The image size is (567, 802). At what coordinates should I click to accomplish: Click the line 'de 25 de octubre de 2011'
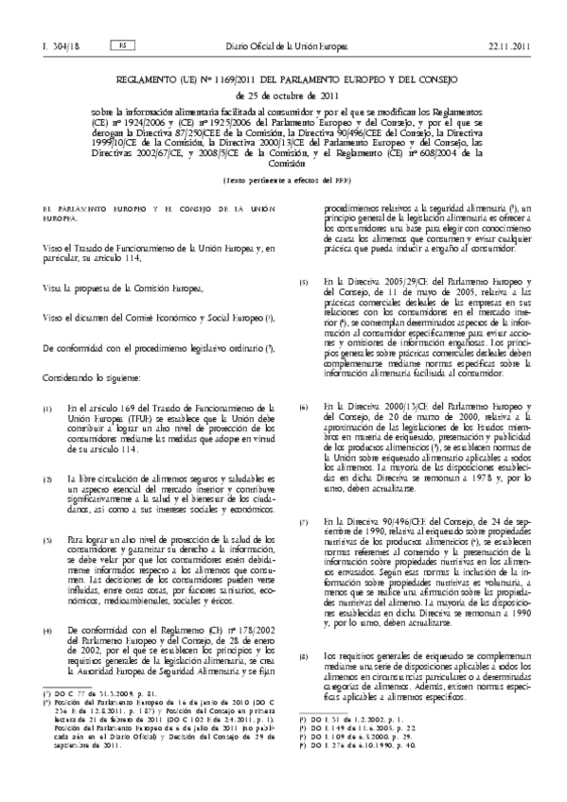tap(283, 73)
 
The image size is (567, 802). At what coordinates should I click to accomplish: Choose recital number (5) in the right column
tap(304, 282)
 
